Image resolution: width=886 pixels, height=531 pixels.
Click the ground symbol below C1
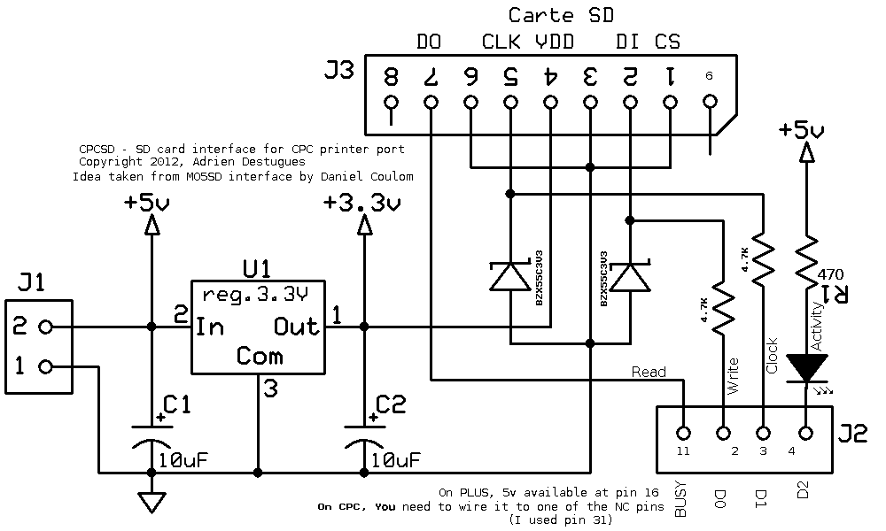pyautogui.click(x=152, y=503)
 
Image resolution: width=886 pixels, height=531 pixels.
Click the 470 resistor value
pyautogui.click(x=832, y=274)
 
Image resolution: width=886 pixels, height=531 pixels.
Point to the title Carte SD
pyautogui.click(x=561, y=15)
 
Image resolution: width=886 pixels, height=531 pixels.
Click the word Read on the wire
pyautogui.click(x=649, y=372)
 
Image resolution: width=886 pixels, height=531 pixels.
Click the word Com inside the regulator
pyautogui.click(x=260, y=356)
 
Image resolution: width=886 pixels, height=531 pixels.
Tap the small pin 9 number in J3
pyautogui.click(x=709, y=76)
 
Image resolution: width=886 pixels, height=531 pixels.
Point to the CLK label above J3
pyautogui.click(x=501, y=42)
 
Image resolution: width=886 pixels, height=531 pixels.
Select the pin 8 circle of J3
pyautogui.click(x=391, y=103)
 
